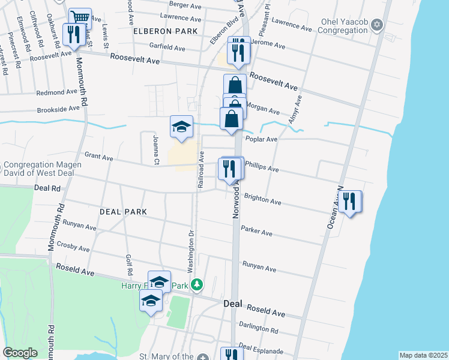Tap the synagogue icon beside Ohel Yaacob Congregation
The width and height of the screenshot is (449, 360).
(x=377, y=25)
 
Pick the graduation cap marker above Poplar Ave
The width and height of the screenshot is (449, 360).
(x=181, y=127)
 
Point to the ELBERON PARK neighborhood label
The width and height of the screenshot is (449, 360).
(x=164, y=31)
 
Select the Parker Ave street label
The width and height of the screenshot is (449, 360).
(x=256, y=231)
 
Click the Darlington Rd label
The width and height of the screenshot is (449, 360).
(x=258, y=330)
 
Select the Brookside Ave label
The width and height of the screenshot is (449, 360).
(x=58, y=110)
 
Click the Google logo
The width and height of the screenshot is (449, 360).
(x=20, y=353)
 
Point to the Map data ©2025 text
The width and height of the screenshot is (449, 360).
(x=423, y=355)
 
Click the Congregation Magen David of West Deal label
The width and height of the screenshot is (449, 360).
(x=43, y=170)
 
